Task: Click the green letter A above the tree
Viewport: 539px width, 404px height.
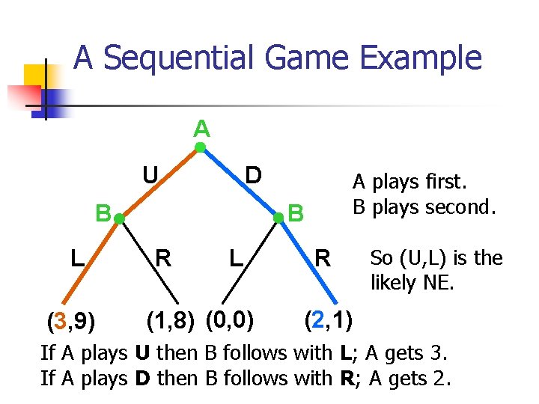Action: point(201,129)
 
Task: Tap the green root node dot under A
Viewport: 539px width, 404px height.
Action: point(201,148)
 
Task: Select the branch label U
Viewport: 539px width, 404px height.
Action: point(150,175)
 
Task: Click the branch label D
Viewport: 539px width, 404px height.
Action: point(254,175)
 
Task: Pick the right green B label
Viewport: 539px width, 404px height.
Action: point(296,214)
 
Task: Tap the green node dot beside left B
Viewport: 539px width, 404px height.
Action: point(118,218)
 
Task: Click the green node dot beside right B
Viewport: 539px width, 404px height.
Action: point(278,218)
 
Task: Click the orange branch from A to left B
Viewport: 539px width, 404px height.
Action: point(159,183)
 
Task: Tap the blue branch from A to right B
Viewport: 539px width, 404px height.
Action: point(240,183)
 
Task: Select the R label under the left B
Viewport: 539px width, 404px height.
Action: point(162,259)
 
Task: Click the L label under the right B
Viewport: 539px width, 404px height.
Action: point(237,260)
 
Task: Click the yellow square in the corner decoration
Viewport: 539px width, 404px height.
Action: point(34,76)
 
